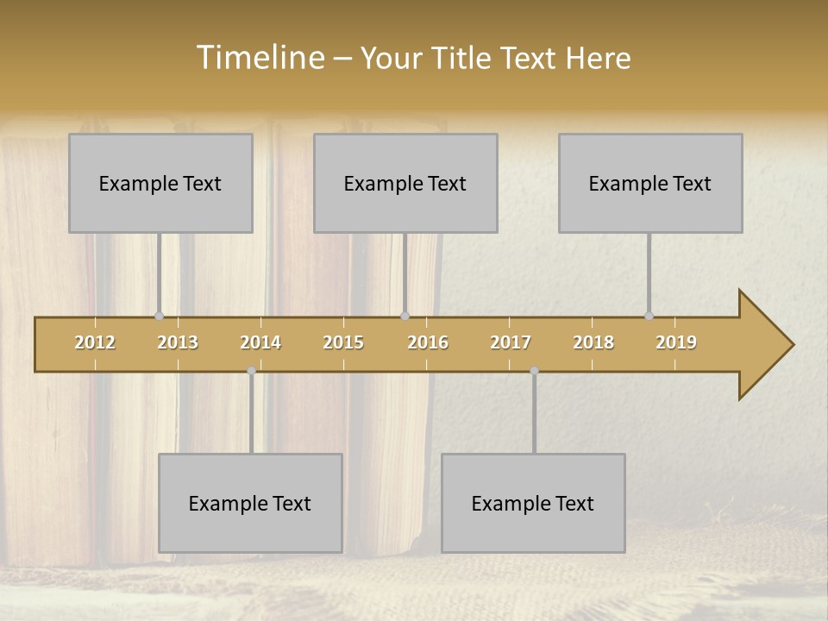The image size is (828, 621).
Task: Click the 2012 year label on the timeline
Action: pos(95,342)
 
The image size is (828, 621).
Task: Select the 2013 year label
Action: pos(178,342)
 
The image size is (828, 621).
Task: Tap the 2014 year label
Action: pos(260,342)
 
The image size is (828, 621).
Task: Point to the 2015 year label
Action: pos(343,342)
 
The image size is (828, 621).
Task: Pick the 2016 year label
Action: pos(428,342)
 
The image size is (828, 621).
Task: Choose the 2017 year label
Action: pos(511,342)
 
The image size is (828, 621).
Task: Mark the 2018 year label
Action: pos(593,342)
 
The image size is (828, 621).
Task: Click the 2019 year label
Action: pos(676,342)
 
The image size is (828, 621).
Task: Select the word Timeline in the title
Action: pos(259,58)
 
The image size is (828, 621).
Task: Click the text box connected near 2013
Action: pos(160,183)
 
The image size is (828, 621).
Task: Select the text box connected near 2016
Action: pos(405,183)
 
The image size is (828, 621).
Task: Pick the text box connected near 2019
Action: pos(650,183)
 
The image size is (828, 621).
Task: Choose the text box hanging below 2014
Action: pos(250,503)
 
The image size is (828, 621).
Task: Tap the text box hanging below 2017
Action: pos(533,503)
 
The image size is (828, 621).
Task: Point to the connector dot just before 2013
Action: pos(159,317)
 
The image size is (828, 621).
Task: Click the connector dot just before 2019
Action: pos(649,317)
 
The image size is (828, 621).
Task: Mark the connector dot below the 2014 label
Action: pos(251,371)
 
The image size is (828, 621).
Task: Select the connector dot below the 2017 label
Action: pos(534,371)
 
